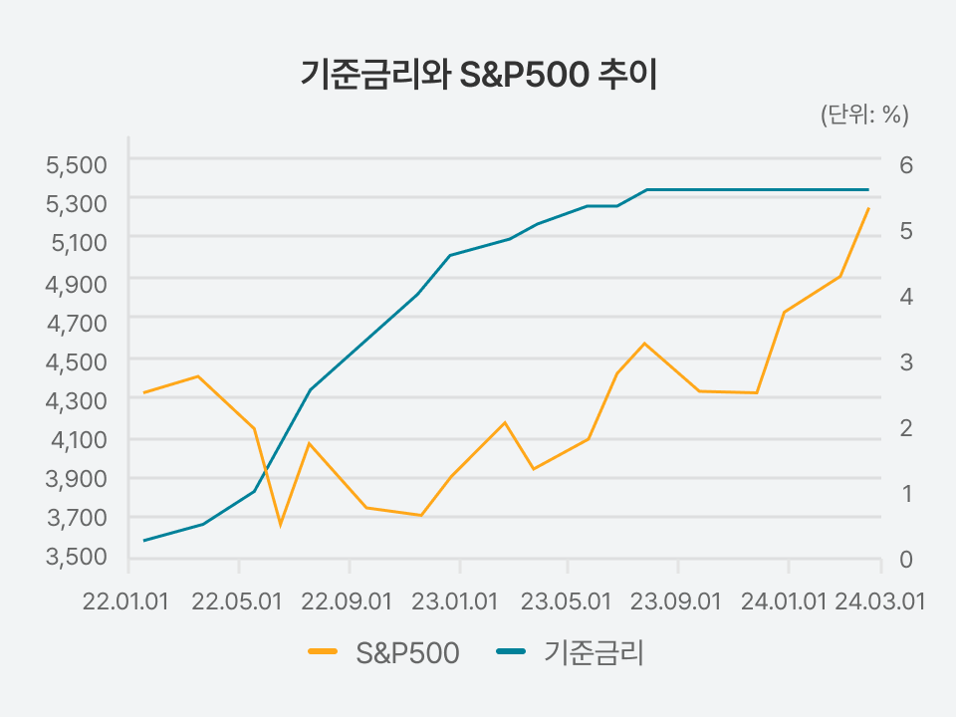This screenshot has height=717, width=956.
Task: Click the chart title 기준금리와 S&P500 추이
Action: pos(479,75)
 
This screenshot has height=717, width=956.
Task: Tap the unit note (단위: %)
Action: pos(864,114)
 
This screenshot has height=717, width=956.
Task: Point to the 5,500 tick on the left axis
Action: pos(77,164)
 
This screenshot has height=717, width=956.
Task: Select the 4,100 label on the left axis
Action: pos(79,439)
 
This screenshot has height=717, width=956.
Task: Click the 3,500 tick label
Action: pos(77,556)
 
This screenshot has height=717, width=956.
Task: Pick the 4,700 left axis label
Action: pos(77,323)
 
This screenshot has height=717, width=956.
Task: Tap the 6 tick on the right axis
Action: pos(906,164)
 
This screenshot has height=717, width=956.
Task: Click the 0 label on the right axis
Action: pos(906,559)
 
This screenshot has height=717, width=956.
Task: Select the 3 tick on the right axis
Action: pos(906,361)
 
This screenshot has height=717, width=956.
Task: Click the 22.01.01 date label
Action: pos(125,601)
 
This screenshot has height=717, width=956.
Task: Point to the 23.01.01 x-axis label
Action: pos(455,601)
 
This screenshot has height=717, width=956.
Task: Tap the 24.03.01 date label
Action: pos(879,601)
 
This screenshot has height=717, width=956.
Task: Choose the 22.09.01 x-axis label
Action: pos(347,601)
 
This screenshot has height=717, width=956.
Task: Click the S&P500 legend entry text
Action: pos(407,653)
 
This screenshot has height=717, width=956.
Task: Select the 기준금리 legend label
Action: pos(594,653)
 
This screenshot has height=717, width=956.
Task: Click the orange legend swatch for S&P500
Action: pos(323,651)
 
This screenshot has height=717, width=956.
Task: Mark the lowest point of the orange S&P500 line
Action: pos(281,525)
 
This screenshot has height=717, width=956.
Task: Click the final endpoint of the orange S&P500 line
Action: pos(868,208)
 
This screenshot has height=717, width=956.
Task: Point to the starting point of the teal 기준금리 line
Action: pos(143,540)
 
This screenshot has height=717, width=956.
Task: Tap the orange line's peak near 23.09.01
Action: pos(644,344)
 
